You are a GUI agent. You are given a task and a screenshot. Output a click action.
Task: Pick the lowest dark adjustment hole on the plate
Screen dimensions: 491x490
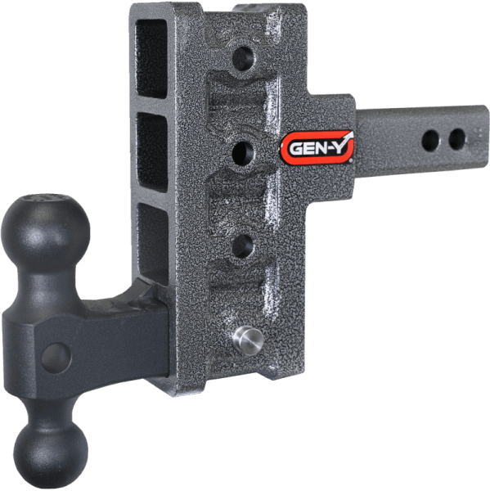[242, 244]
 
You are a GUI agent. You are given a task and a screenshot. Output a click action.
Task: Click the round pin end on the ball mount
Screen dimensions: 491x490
[56, 355]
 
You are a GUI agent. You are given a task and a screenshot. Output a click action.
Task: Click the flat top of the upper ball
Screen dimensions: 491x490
[45, 199]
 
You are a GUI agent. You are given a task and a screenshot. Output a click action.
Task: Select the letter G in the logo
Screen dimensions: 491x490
[293, 150]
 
